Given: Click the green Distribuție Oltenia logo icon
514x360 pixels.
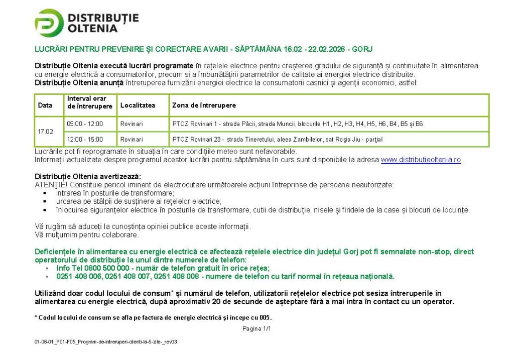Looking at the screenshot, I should click(49, 23).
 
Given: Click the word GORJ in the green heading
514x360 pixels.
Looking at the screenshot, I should click(362, 49).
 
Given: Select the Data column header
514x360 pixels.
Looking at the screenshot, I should click(45, 105).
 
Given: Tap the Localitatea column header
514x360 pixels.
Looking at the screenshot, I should click(138, 105).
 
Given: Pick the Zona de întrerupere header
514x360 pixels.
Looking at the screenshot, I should click(204, 105).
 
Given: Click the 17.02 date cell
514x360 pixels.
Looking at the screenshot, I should click(45, 132).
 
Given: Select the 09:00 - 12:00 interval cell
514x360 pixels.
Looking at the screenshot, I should click(85, 124).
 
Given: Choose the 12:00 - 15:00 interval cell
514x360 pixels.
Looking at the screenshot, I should click(85, 139).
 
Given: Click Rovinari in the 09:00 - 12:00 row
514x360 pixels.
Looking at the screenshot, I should click(132, 124).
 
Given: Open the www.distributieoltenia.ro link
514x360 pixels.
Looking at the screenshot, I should click(421, 160).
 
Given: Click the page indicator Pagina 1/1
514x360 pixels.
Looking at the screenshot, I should click(256, 329).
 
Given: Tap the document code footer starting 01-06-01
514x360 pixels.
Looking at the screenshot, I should click(105, 342).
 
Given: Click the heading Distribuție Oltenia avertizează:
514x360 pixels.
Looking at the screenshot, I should click(88, 176).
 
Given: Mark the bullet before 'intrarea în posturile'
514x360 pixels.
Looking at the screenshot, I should click(45, 193).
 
